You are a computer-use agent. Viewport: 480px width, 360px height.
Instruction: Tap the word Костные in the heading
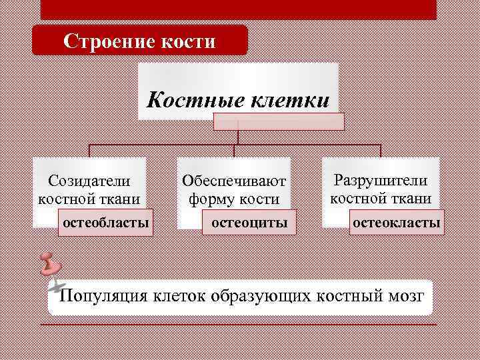point(195,100)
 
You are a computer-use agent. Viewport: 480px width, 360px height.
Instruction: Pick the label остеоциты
point(249,222)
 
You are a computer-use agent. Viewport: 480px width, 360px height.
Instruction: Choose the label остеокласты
point(396,222)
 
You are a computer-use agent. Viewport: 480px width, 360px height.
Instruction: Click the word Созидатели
point(89,180)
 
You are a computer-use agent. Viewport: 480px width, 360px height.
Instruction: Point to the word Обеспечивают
point(234,181)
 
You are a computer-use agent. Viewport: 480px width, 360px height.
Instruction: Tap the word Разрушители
point(381,180)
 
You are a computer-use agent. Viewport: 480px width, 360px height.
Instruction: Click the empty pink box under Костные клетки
point(279,121)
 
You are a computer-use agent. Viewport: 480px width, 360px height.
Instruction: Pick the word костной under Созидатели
point(65,198)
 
